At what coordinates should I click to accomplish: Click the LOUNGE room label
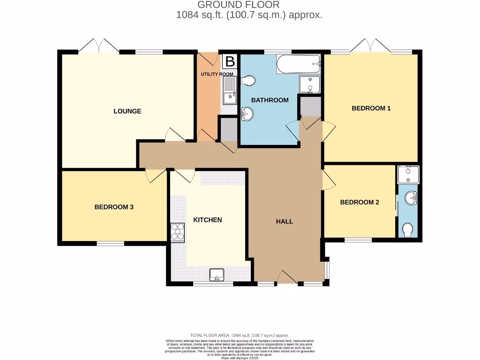[x=127, y=111]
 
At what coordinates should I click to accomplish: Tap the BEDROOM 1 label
[x=371, y=108]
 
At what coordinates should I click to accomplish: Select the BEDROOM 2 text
[x=359, y=202]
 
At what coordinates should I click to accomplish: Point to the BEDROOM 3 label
[x=114, y=207]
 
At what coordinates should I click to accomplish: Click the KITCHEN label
[x=208, y=220]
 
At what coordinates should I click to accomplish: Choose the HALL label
[x=285, y=221]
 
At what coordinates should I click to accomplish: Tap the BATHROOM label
[x=270, y=100]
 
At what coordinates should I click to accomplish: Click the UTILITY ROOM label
[x=217, y=74]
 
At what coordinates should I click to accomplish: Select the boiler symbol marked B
[x=230, y=61]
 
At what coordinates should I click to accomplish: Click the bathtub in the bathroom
[x=299, y=64]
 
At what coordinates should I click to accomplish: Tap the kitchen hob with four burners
[x=179, y=232]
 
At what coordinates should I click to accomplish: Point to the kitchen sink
[x=217, y=275]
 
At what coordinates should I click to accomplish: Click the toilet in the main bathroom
[x=249, y=81]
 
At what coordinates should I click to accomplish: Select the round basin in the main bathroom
[x=247, y=113]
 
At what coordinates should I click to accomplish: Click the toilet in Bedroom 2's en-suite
[x=408, y=229]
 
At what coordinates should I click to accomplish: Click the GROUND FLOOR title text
[x=238, y=5]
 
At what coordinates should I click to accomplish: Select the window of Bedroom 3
[x=111, y=243]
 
